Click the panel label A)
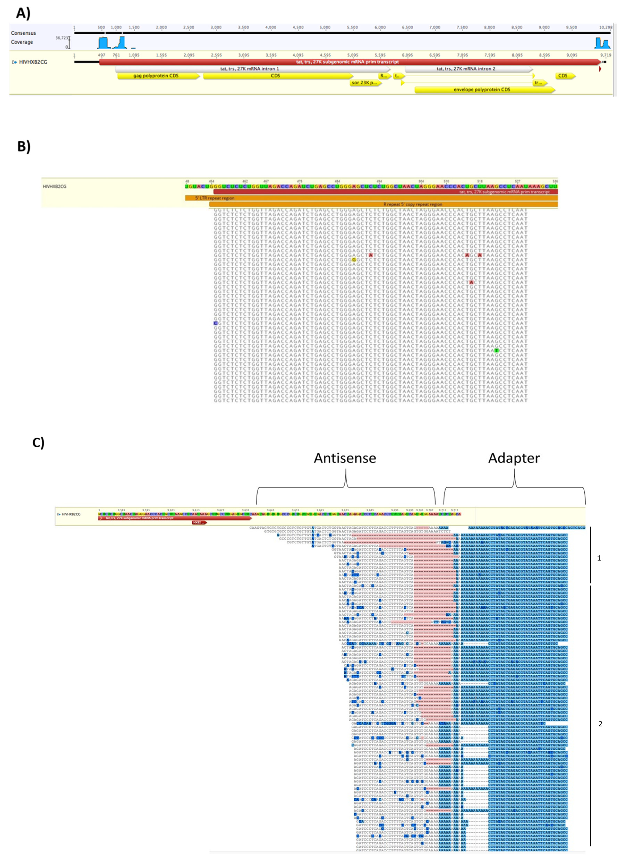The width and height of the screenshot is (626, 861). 23,13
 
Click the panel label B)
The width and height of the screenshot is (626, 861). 24,146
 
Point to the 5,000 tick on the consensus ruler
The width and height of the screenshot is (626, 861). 325,27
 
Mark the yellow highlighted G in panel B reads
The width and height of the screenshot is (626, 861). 354,260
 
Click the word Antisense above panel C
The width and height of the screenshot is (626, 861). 345,458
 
